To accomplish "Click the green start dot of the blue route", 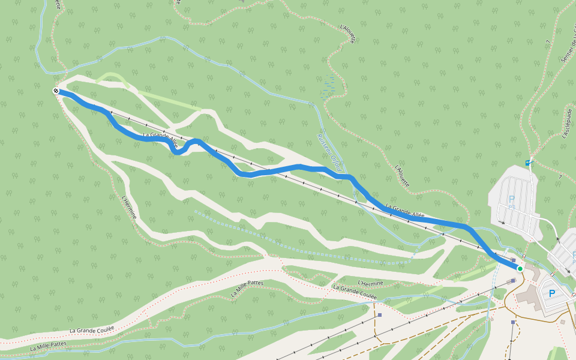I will point(520,268).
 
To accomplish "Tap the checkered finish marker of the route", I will point(56,91).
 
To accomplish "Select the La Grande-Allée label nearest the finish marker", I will point(161,141).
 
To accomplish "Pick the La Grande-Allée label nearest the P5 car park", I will point(405,212).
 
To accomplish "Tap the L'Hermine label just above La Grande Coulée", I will point(370,283).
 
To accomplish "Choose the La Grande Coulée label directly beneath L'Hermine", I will point(355,292).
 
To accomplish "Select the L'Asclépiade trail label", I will point(566,124).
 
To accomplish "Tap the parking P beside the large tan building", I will point(552,293).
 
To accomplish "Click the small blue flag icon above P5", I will point(527,162).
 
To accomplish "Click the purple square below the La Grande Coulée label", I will point(380,314).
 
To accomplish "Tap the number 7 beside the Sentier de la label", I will point(548,42).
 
